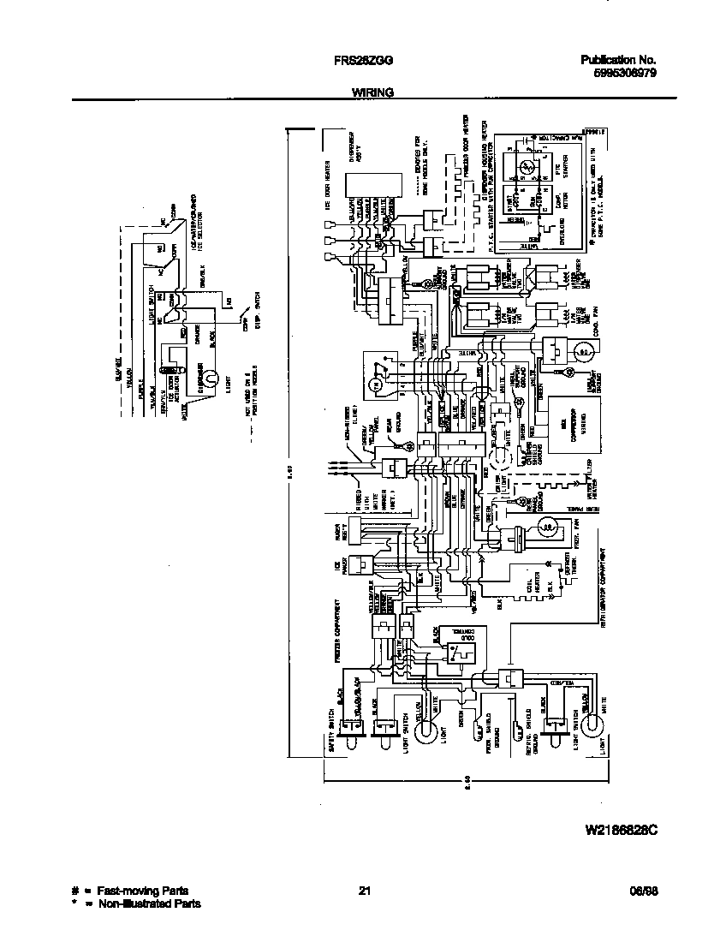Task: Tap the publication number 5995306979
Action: (x=625, y=74)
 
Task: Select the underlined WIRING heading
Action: (x=372, y=92)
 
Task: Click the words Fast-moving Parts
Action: (x=142, y=891)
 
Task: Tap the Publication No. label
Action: (x=618, y=60)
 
